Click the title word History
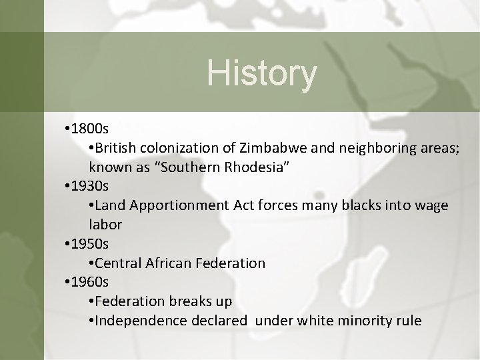tap(261, 73)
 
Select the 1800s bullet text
tap(89, 127)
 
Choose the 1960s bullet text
tap(89, 282)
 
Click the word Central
tap(119, 263)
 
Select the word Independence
tap(138, 321)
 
